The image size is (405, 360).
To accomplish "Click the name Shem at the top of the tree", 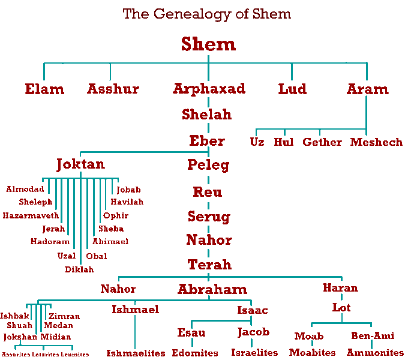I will [x=208, y=44].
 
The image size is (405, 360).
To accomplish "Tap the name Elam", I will [x=44, y=89].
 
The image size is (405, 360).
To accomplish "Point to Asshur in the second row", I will [x=113, y=89].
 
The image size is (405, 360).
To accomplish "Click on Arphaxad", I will [x=209, y=89].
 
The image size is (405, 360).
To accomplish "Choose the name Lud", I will [x=292, y=89].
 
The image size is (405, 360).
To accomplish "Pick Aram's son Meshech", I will [x=376, y=142].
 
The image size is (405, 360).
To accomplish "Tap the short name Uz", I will [x=257, y=142].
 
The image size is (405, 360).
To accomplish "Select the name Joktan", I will [x=80, y=164].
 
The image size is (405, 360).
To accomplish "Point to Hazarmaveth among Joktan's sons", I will [x=31, y=215].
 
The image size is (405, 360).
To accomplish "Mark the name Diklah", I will [x=79, y=269].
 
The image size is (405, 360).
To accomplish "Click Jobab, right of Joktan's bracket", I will [x=128, y=190].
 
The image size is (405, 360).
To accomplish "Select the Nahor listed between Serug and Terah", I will [x=208, y=241].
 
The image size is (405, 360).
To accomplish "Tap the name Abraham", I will [x=212, y=289].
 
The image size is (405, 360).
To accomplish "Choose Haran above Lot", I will [x=340, y=288].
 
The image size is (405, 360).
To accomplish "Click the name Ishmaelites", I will [x=136, y=353].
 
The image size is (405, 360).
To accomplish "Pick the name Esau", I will [x=191, y=333].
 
